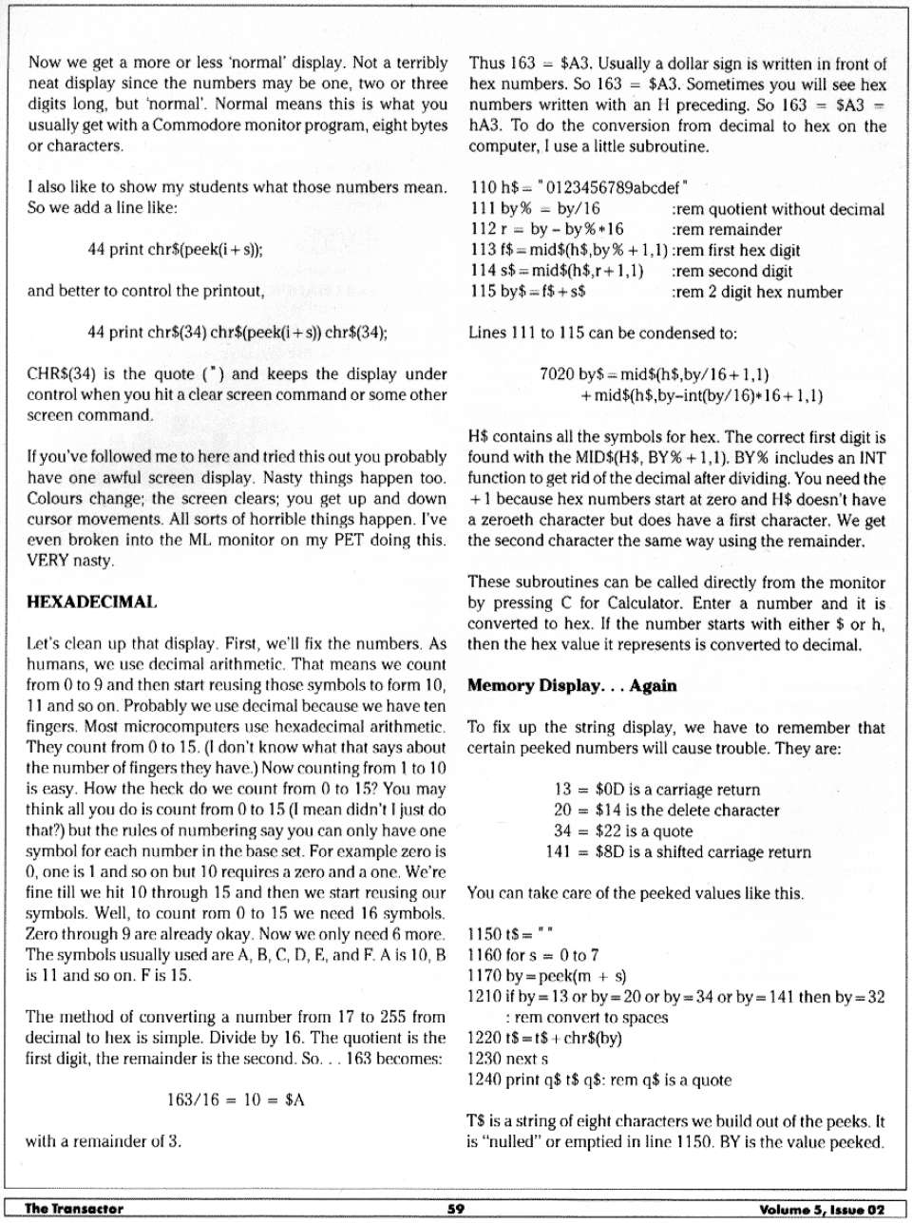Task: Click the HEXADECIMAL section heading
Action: tap(91, 602)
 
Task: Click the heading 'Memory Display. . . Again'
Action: tap(571, 685)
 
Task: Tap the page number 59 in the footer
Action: tap(455, 1209)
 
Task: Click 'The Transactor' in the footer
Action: tap(73, 1209)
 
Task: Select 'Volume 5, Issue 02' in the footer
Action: tap(822, 1209)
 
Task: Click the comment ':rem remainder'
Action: tap(727, 229)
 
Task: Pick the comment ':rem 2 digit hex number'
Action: tap(757, 292)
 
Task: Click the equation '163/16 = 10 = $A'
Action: tap(236, 1099)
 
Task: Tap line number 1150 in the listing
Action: tap(485, 934)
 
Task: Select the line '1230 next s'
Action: tap(507, 1059)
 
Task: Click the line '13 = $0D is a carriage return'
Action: tap(656, 790)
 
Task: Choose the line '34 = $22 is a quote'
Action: tap(622, 831)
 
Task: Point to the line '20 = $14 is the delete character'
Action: tap(665, 811)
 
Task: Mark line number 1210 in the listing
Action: tap(485, 997)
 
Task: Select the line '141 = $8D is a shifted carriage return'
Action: tap(678, 852)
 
